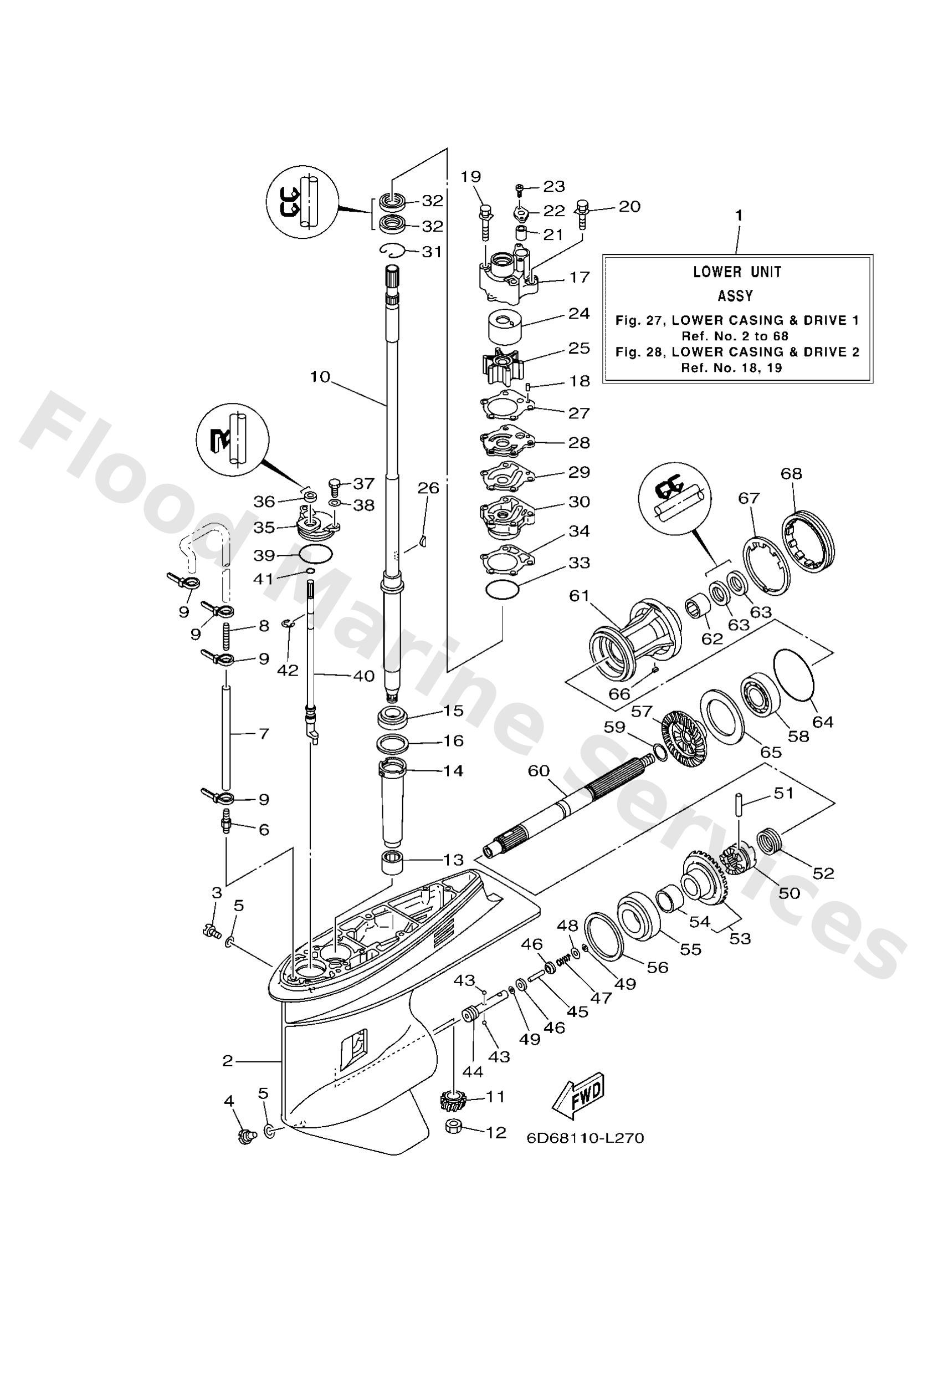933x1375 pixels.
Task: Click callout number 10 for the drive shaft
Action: (x=320, y=376)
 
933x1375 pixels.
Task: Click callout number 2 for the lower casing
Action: (x=228, y=1061)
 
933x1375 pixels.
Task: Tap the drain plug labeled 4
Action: (x=244, y=1134)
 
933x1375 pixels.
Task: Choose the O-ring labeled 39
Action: (x=314, y=554)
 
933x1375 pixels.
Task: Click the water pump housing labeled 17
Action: (x=509, y=278)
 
